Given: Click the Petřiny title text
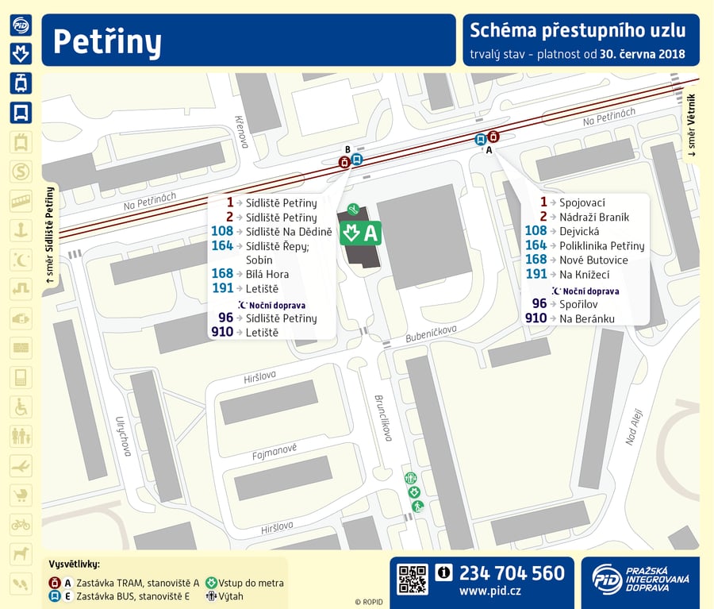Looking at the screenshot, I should (108, 40).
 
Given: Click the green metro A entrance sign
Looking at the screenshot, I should (362, 233).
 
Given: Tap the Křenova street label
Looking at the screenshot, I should (242, 131).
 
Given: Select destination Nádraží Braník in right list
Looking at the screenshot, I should (594, 217).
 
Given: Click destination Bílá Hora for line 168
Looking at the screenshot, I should (267, 274).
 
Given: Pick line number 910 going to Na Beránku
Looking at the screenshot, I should (535, 318).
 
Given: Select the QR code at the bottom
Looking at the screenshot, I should (412, 579).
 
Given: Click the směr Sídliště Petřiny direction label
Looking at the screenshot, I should (50, 235).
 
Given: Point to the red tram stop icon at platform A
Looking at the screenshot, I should (493, 137).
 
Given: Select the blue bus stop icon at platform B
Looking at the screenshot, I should (357, 160).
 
